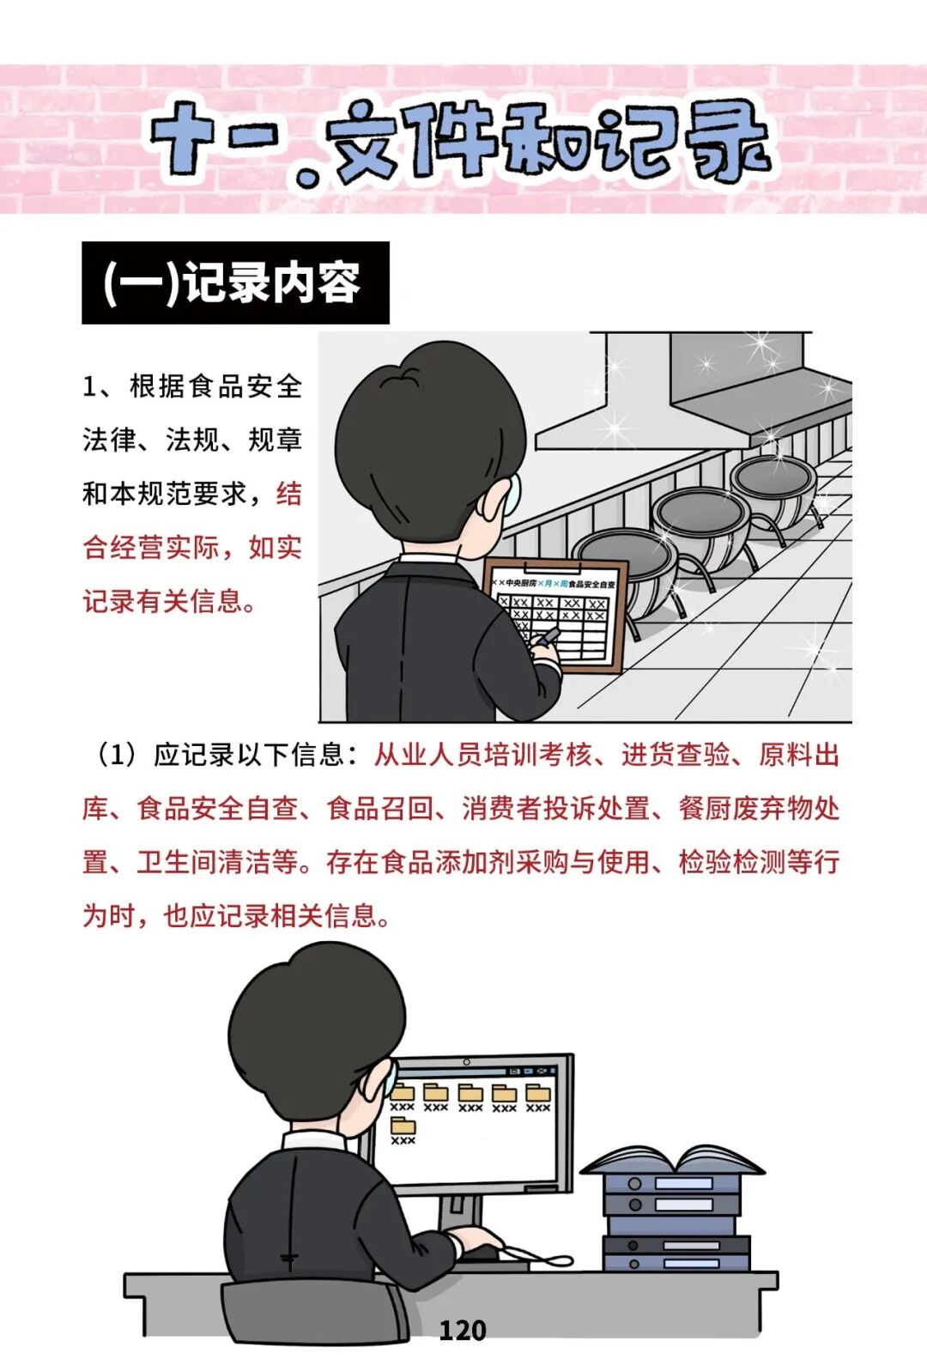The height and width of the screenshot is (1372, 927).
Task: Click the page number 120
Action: pos(463,1331)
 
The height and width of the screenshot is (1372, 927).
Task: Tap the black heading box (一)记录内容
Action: pos(236,282)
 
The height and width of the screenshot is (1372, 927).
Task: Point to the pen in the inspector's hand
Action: pos(547,637)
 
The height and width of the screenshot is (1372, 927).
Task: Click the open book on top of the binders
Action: pos(672,1161)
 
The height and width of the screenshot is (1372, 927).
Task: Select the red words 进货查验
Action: pos(676,755)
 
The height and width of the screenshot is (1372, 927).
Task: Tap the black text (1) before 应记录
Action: pos(117,755)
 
